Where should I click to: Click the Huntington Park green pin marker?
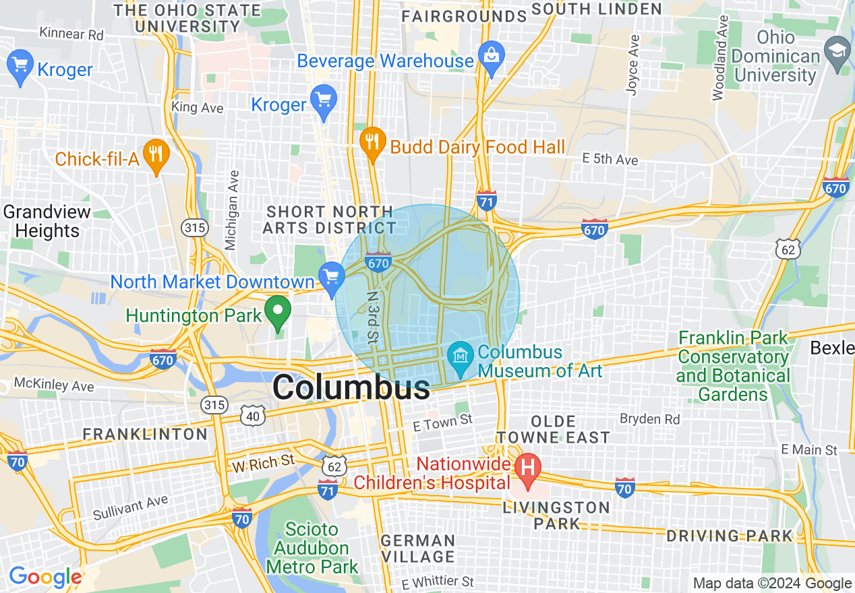point(277,312)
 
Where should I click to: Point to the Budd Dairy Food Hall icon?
point(372,142)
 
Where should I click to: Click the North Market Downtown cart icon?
point(331,277)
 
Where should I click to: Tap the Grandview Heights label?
point(47,221)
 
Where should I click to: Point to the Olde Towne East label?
point(552,429)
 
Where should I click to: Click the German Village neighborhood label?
point(417,549)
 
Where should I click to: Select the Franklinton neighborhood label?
point(145,434)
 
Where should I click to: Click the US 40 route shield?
point(253,416)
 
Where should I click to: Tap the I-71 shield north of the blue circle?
point(486,201)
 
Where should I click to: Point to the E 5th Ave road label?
point(610,160)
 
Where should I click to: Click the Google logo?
point(45,578)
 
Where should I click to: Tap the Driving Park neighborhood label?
point(730,536)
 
